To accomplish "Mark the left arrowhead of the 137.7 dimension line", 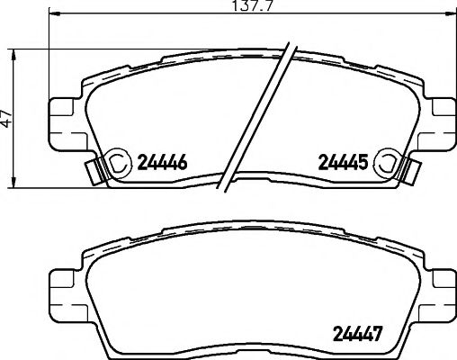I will [51, 15].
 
